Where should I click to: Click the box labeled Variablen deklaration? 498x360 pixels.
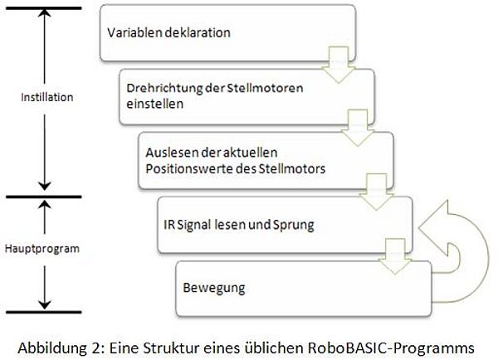point(227,32)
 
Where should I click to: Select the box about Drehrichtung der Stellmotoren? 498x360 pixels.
point(247,96)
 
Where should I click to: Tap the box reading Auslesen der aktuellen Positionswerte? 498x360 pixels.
point(266,161)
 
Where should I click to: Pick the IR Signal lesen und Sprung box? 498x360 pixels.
point(285,225)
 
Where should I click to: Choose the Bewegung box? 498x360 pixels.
point(304,289)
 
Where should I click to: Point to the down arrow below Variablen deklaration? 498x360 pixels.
point(339,65)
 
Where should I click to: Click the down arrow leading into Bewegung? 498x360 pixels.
point(395,256)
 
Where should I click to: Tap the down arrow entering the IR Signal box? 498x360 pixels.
point(376,192)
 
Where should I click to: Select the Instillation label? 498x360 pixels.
point(47,97)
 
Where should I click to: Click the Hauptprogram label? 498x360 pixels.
point(42,249)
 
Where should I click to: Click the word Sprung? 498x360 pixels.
point(294,226)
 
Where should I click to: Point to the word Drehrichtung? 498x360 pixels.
point(164,88)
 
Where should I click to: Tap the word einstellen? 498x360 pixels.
point(155,104)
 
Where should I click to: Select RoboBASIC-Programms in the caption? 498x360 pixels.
point(391,348)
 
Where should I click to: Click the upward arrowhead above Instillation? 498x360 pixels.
point(45,12)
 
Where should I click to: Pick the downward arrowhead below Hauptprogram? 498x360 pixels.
point(45,304)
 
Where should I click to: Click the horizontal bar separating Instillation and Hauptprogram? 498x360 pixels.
point(44,197)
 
